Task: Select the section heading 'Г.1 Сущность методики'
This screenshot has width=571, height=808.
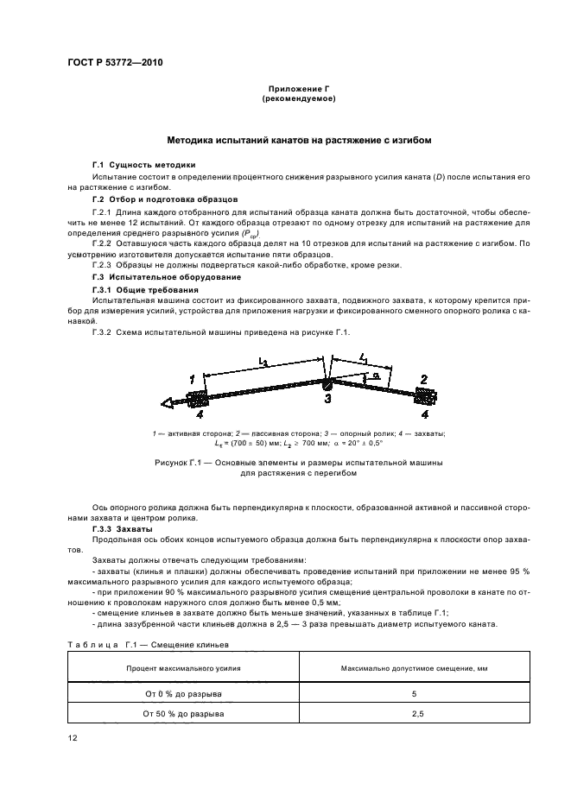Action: click(x=143, y=164)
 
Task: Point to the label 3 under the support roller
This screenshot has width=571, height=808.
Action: click(x=327, y=398)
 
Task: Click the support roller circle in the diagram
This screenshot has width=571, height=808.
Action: click(x=327, y=385)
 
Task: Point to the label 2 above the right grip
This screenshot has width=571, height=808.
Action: click(x=423, y=378)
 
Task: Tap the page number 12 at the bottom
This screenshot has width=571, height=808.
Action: click(x=72, y=737)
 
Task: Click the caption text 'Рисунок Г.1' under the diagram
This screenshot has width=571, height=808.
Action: click(x=181, y=463)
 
